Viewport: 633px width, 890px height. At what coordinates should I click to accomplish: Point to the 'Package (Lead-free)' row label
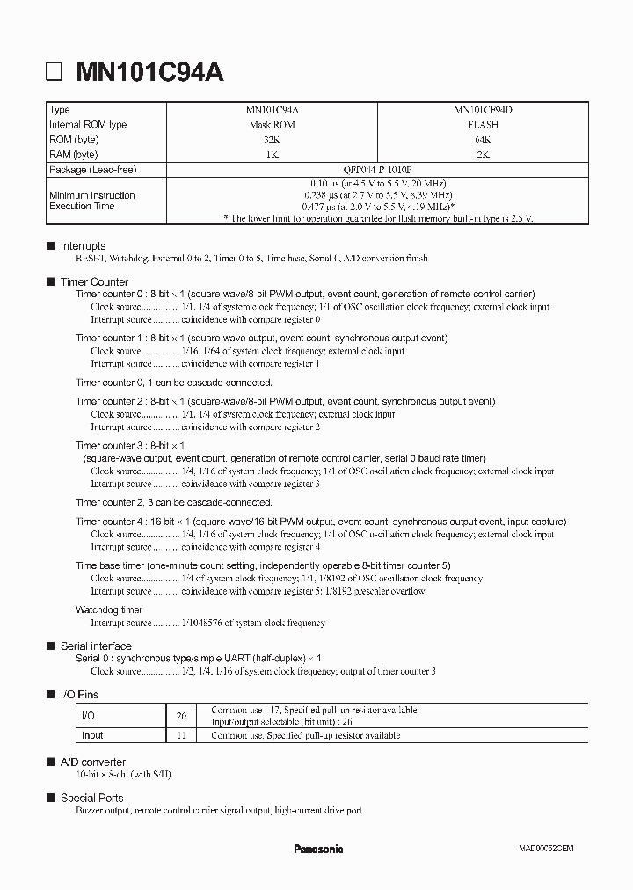(93, 169)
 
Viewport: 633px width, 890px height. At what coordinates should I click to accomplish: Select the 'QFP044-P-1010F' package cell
(377, 169)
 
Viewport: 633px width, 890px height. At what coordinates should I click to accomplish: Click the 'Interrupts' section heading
(83, 246)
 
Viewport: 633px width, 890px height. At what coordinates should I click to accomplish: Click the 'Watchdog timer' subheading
(109, 609)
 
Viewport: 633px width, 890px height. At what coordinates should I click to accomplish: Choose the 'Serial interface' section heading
(96, 646)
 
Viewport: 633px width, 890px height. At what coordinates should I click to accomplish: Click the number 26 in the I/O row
(181, 716)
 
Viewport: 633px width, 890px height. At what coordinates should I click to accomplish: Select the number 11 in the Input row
(181, 735)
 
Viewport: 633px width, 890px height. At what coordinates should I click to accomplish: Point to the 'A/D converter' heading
(92, 762)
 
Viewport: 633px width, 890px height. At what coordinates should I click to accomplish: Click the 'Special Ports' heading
(91, 798)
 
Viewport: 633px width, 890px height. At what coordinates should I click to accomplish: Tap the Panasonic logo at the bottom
(317, 849)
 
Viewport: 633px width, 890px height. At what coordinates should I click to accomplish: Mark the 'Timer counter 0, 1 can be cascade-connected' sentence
(174, 383)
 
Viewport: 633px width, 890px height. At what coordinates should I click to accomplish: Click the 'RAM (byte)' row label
(74, 155)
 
